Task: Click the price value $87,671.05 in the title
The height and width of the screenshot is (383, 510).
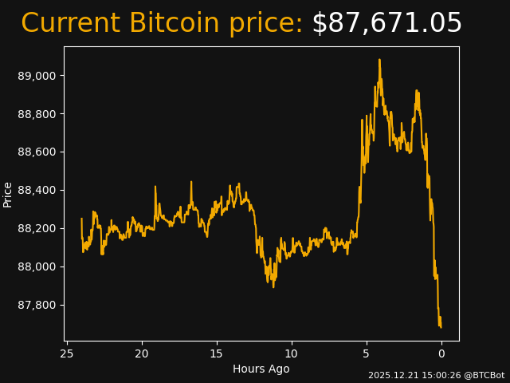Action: [x=386, y=24]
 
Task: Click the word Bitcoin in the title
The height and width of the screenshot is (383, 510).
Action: [x=174, y=24]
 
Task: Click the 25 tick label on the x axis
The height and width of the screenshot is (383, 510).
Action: [x=67, y=353]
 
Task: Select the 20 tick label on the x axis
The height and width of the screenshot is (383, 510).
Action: [x=142, y=353]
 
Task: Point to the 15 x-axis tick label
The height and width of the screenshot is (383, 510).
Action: [x=217, y=353]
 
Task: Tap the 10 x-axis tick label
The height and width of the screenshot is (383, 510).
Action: [x=292, y=353]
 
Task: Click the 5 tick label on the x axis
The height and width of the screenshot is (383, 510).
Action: [x=367, y=353]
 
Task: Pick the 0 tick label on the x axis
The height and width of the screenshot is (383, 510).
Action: [x=441, y=353]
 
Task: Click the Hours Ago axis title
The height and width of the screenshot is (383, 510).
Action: [x=261, y=369]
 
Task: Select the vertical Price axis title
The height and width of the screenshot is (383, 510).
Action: [x=8, y=194]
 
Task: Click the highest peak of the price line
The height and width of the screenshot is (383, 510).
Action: [x=379, y=60]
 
